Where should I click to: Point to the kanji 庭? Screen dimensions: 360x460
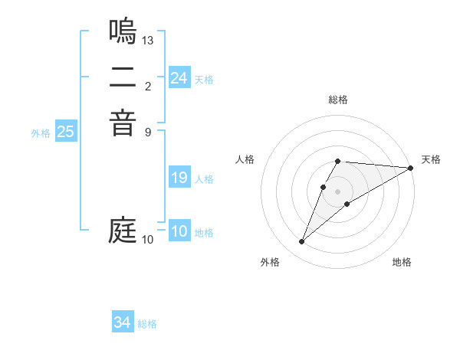tap(123, 230)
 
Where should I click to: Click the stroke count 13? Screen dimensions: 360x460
tap(148, 39)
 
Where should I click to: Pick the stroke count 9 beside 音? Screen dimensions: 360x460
tap(148, 131)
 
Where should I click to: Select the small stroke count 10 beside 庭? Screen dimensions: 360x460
tap(148, 240)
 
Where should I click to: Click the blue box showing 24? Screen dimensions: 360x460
tap(179, 78)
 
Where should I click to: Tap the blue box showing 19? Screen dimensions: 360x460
tap(179, 178)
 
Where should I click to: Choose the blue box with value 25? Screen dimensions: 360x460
tap(65, 132)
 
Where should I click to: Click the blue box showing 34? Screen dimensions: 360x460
tap(122, 322)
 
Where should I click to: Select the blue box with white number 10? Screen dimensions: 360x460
tap(179, 232)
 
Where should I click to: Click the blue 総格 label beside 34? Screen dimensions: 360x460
tap(147, 324)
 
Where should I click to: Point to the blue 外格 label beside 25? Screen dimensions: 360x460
tap(41, 133)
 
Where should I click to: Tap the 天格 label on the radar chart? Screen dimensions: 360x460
tap(431, 159)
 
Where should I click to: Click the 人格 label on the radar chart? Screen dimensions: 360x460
tap(245, 159)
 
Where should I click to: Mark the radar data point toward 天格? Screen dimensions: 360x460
tap(411, 168)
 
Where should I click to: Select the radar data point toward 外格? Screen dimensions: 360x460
tap(301, 242)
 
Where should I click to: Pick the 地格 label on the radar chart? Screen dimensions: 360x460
tap(402, 263)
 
